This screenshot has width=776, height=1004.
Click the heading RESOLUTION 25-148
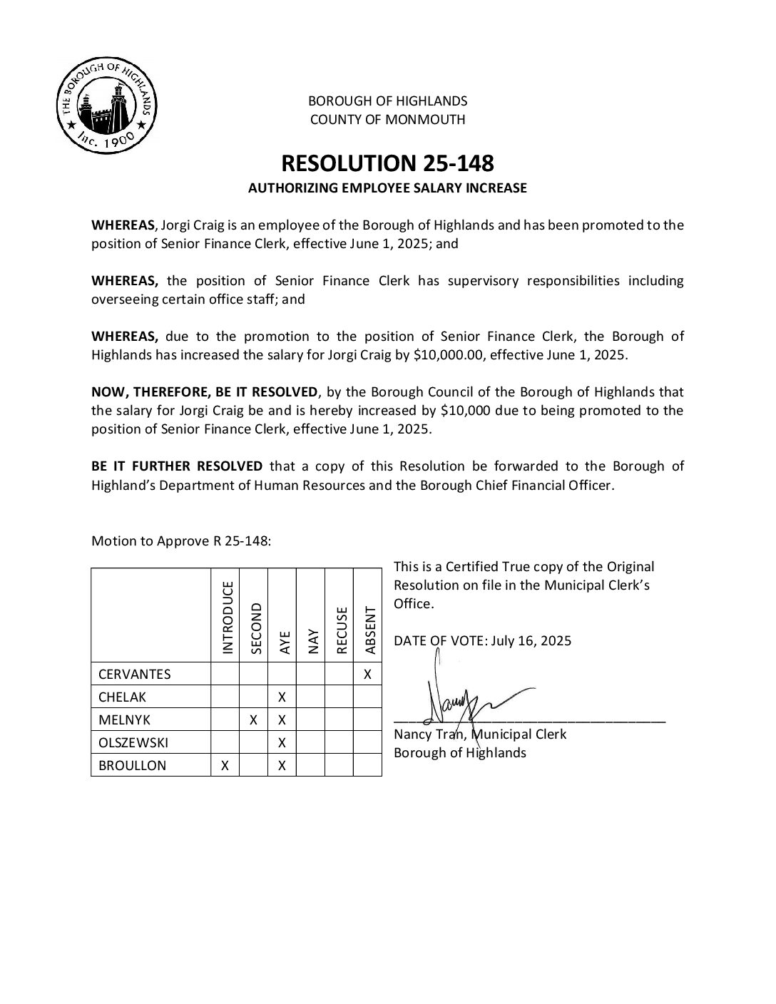tap(387, 163)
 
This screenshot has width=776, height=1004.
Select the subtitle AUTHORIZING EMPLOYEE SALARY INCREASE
tap(387, 188)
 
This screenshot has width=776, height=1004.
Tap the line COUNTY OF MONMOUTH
tap(387, 120)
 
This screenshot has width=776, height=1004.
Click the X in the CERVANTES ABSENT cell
tap(367, 674)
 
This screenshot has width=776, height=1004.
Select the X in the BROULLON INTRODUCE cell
tap(225, 765)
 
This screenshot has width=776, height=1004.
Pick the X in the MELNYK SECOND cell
tap(254, 719)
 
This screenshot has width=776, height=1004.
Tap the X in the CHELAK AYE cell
tap(282, 697)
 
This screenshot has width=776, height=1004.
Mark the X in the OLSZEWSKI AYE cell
tap(282, 742)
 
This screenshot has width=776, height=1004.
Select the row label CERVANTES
tap(135, 674)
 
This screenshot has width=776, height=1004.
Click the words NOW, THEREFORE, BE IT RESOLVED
tap(205, 391)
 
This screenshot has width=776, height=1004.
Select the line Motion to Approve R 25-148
tap(181, 541)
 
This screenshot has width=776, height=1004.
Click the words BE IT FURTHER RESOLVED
tap(177, 466)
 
